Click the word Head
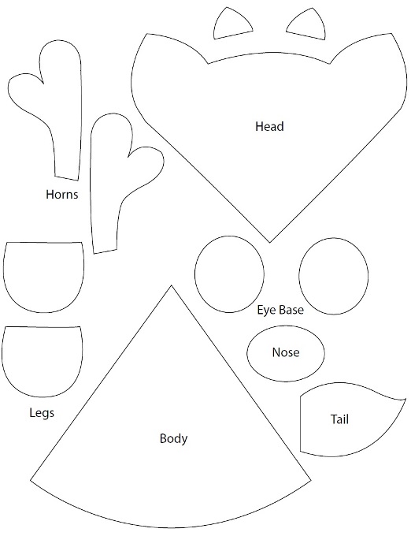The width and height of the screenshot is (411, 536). (x=269, y=126)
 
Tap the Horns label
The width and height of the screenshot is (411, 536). (x=62, y=195)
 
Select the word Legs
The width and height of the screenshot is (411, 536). (x=42, y=413)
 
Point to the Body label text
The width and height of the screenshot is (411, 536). (x=173, y=438)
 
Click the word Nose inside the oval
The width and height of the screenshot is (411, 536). (x=286, y=352)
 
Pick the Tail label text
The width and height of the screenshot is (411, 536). (x=339, y=419)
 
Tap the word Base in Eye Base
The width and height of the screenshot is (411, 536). (x=291, y=310)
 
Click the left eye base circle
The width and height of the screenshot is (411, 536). (x=194, y=274)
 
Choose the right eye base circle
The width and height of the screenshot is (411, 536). (x=299, y=276)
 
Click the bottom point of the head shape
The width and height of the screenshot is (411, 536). (x=270, y=243)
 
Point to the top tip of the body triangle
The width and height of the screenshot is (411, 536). (x=171, y=285)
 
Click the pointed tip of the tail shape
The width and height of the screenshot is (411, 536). (x=405, y=399)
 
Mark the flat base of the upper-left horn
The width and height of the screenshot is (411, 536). (x=67, y=178)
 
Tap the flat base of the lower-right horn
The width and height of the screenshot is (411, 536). (x=106, y=251)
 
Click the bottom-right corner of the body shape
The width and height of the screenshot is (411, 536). (x=311, y=481)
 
